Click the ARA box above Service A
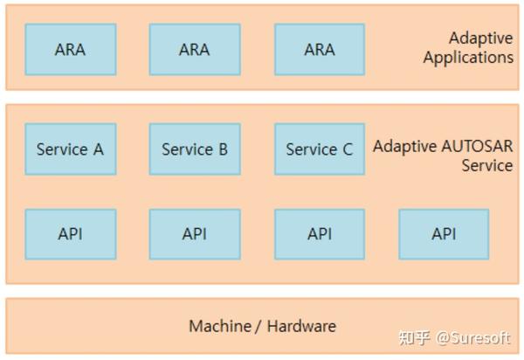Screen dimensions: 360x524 70,49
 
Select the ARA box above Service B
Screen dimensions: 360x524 195,49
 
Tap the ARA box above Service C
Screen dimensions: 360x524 319,49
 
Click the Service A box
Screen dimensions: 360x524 70,149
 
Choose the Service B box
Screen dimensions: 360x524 195,149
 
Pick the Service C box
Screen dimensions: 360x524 319,149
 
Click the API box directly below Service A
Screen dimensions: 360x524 70,233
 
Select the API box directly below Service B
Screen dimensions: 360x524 195,233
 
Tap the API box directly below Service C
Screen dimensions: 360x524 319,233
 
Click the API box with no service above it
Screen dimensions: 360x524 444,233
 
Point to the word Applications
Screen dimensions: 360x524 468,58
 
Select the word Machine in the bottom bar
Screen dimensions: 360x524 218,326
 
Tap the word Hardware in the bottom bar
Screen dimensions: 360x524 301,326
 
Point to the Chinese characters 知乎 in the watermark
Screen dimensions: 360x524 415,337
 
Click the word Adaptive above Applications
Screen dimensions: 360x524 480,38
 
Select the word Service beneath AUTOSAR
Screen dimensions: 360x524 487,165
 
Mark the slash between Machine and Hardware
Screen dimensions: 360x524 259,326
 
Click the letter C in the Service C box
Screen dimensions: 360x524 348,149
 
